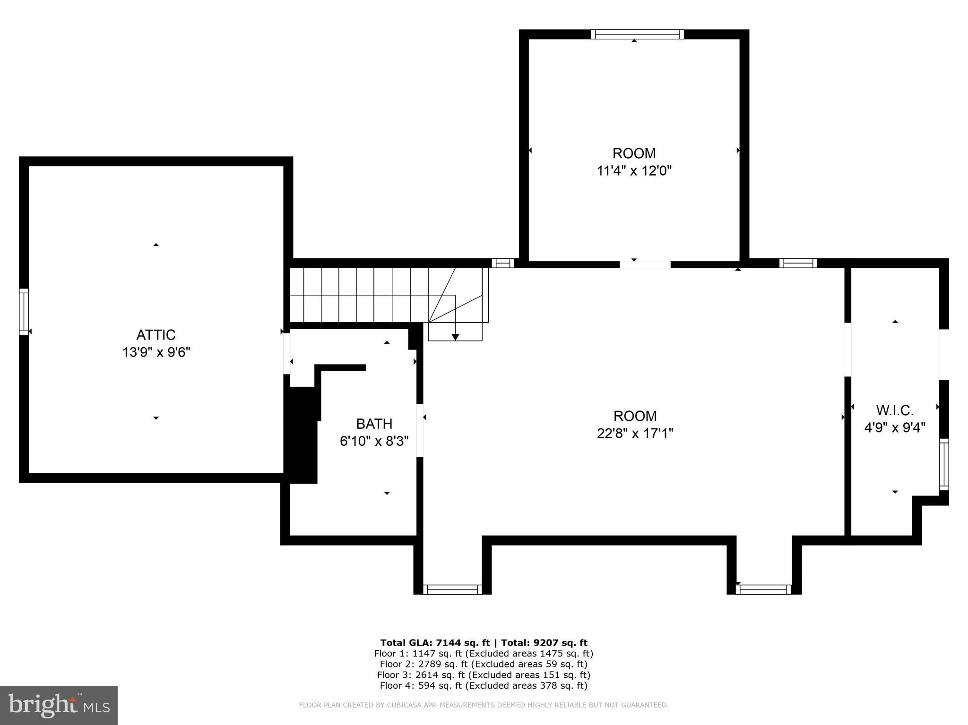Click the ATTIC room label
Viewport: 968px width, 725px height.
point(156,335)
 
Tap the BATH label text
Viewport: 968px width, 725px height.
point(374,424)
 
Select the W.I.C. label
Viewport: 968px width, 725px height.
point(895,410)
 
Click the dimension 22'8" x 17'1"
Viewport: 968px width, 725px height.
point(635,433)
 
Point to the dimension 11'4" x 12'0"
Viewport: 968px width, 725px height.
point(634,171)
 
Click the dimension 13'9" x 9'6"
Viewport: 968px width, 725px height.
point(156,352)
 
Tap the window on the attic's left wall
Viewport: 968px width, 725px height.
point(24,312)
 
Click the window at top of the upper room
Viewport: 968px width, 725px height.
point(637,34)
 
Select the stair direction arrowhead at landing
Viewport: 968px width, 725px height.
point(455,337)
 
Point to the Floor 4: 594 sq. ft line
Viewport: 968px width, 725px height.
point(484,686)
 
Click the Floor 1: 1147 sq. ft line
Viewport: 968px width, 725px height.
point(484,654)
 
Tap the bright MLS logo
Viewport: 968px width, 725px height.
point(59,705)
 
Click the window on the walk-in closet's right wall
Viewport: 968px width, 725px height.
point(943,464)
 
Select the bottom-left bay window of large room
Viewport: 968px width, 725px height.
point(452,589)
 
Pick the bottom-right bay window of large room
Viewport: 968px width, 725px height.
point(763,589)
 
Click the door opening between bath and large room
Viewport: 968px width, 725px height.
point(420,430)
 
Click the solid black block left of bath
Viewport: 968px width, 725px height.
point(302,435)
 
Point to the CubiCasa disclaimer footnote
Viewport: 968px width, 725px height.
point(484,705)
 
